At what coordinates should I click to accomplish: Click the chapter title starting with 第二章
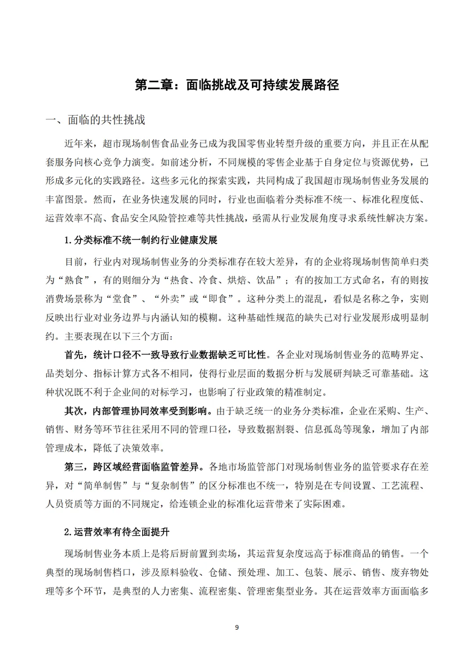pos(237,85)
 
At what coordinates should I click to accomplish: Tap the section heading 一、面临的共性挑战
pos(95,120)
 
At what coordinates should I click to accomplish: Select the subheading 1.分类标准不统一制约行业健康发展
pos(140,240)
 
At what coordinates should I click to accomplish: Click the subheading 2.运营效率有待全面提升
pos(116,532)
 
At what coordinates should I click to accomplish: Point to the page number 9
pos(237,627)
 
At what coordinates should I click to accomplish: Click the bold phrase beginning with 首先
pos(165,355)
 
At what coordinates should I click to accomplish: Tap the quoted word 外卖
pos(170,299)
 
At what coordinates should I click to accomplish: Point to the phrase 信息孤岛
pos(323,429)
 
